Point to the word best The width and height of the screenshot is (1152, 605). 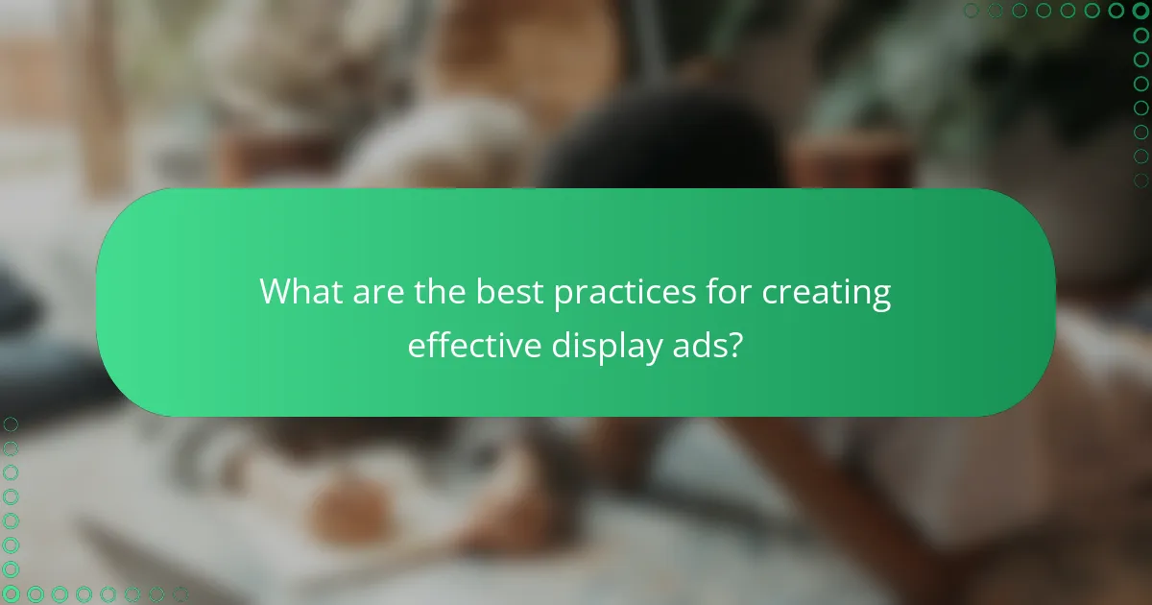(510, 292)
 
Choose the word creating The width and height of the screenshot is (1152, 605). (827, 293)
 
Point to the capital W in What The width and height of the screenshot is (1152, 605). (276, 292)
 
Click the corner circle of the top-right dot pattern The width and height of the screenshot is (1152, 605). (1140, 11)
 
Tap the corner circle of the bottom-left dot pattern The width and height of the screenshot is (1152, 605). (11, 593)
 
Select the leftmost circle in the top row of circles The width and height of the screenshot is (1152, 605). (971, 11)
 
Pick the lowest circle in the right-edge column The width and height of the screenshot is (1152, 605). (1140, 181)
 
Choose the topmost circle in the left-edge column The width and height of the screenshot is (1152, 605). (11, 423)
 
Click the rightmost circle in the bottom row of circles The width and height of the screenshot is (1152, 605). (180, 593)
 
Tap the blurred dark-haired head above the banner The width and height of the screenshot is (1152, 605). (662, 144)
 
